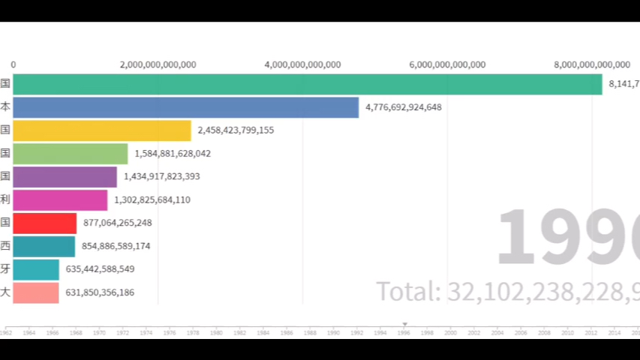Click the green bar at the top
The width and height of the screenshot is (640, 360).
[x=307, y=84]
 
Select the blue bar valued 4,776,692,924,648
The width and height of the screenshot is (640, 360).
[x=185, y=107]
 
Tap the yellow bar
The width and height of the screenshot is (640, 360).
[x=102, y=130]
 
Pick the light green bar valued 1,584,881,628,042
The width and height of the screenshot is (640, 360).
[x=71, y=154]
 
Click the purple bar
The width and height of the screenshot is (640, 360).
[x=65, y=177]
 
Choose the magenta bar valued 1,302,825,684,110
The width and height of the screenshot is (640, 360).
[x=60, y=200]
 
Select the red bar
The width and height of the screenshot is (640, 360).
[x=44, y=223]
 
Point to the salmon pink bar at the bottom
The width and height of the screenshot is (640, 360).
[x=35, y=292]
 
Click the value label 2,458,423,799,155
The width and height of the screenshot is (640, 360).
[x=236, y=130]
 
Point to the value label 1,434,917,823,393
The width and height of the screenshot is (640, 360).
[x=162, y=177]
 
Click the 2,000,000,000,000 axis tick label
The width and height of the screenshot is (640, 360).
[x=158, y=64]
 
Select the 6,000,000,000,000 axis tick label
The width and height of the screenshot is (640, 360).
[x=447, y=64]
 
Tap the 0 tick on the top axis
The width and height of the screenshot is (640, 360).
[x=13, y=64]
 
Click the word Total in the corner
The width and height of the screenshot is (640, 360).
[x=408, y=291]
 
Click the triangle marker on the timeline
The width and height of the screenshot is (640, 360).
[x=404, y=325]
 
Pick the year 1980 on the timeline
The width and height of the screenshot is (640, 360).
[x=216, y=332]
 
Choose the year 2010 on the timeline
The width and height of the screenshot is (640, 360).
[x=567, y=332]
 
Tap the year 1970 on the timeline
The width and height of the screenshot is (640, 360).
[x=99, y=332]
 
